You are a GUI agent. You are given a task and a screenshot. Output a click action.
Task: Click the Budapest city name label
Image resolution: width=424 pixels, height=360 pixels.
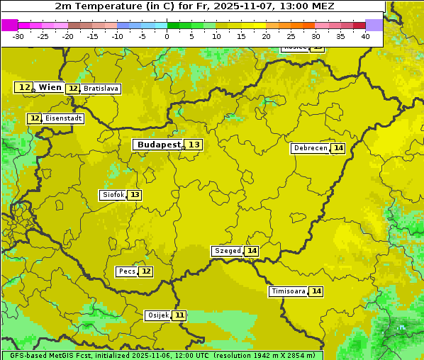point(159,145)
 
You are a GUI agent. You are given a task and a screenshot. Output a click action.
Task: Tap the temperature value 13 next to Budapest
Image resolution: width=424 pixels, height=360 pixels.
point(194,145)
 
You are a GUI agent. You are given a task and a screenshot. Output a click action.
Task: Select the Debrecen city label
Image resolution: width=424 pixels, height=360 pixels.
point(310,148)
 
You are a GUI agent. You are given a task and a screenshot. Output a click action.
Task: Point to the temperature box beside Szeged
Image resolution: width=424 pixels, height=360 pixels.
point(252,251)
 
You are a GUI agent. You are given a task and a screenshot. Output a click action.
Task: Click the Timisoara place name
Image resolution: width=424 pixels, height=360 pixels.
point(288,291)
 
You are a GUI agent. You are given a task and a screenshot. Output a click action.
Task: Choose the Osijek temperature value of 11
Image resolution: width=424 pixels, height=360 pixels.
point(179,315)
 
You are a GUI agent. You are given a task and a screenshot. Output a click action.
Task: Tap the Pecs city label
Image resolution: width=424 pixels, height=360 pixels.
point(127,271)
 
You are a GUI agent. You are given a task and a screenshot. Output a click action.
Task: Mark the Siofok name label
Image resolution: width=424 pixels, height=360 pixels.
point(113,195)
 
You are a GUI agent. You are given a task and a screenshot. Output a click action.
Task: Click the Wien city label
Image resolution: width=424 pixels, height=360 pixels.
point(50,87)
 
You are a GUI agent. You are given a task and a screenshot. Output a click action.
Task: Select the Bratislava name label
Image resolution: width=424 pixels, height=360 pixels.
point(100,89)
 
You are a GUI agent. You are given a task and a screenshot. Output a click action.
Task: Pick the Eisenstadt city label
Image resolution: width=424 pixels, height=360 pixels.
point(63,118)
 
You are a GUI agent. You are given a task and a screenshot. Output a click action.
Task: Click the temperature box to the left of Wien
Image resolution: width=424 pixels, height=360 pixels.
point(23,87)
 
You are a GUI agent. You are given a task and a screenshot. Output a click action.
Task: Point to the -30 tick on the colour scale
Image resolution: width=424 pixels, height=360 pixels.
point(18,36)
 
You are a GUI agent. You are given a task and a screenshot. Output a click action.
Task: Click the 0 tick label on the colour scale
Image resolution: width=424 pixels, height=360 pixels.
point(167,36)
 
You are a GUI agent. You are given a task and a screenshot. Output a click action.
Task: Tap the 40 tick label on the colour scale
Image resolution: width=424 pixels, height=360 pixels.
point(365,36)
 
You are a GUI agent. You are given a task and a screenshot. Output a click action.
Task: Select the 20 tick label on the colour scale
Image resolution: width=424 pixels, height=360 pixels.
point(266,36)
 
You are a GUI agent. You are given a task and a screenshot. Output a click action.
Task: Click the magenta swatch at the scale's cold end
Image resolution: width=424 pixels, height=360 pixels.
point(9,25)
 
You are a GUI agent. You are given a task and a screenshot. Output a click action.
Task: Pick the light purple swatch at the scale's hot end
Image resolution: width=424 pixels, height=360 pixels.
point(374,25)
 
